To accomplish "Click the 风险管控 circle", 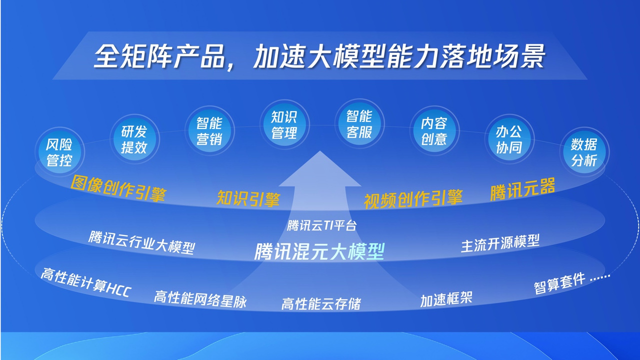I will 59,152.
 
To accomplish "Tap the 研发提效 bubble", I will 134,139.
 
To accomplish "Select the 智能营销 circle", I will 209,131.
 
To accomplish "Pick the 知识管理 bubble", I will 284,124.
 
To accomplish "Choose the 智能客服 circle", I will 359,124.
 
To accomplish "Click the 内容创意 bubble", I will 433,131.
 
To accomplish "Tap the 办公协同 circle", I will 509,139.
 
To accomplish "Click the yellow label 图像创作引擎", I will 118,188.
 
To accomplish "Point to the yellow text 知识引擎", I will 248,198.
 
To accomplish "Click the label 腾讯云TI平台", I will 321,225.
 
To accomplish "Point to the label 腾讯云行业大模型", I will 141,242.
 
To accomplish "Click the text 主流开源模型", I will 500,243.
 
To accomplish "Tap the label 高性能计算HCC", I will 85,283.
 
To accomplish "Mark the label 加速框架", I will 446,299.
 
